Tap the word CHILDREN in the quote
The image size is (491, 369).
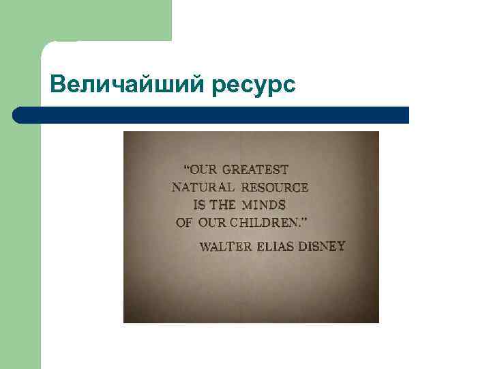pyautogui.click(x=263, y=222)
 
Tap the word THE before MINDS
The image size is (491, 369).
pyautogui.click(x=222, y=204)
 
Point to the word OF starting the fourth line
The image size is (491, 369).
pyautogui.click(x=185, y=222)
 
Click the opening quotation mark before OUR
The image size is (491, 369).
pyautogui.click(x=186, y=167)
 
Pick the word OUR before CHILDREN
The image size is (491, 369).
pyautogui.click(x=212, y=222)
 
